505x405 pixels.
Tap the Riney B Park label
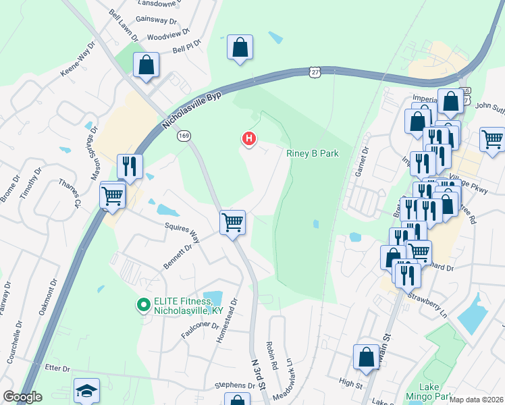point(312,153)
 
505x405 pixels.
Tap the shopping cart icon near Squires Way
point(232,221)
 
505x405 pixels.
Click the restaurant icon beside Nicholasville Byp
point(129,165)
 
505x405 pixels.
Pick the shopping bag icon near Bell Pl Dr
point(240,47)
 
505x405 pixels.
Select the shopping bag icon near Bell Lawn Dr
point(146,65)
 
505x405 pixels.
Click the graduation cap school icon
point(86,391)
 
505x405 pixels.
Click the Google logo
point(22,397)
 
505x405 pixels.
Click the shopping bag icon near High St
point(366,358)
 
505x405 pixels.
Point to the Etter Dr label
point(57,369)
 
